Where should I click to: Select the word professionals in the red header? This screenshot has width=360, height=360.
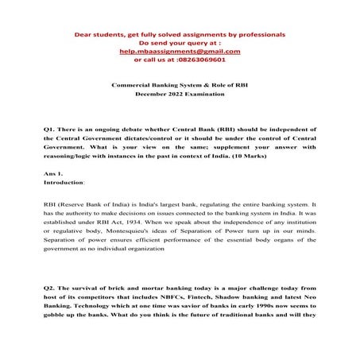(x=258, y=35)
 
